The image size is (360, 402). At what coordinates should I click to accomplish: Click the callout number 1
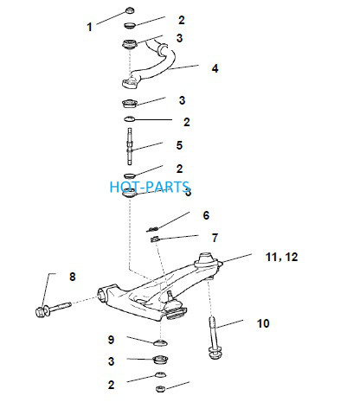pyautogui.click(x=89, y=27)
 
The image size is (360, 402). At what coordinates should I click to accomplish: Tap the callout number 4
pyautogui.click(x=215, y=68)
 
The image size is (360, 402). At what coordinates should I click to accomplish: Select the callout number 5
pyautogui.click(x=179, y=145)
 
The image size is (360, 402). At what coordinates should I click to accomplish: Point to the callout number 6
pyautogui.click(x=206, y=215)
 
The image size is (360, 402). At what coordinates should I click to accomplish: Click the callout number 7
pyautogui.click(x=215, y=238)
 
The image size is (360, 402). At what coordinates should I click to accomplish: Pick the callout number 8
pyautogui.click(x=73, y=277)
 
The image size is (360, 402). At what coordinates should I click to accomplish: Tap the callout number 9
pyautogui.click(x=111, y=340)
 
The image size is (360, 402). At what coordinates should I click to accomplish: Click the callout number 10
pyautogui.click(x=263, y=323)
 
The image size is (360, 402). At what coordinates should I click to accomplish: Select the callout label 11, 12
pyautogui.click(x=281, y=257)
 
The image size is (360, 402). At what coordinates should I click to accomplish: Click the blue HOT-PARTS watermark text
pyautogui.click(x=150, y=187)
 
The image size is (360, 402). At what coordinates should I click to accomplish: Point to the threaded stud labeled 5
pyautogui.click(x=130, y=147)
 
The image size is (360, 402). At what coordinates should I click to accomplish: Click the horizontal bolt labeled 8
pyautogui.click(x=54, y=309)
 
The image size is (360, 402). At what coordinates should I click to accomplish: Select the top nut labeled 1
pyautogui.click(x=131, y=10)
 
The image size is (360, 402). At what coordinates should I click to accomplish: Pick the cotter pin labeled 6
pyautogui.click(x=152, y=229)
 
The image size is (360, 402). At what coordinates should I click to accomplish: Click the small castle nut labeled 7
pyautogui.click(x=155, y=239)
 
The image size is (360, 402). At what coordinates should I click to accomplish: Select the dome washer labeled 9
pyautogui.click(x=161, y=343)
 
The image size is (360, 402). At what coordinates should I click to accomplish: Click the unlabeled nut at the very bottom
pyautogui.click(x=160, y=389)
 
